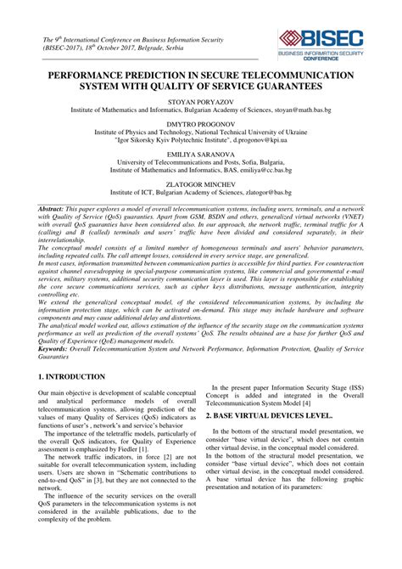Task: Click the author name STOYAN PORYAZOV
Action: (201, 101)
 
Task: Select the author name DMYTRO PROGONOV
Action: (201, 124)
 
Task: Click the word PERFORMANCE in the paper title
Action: (103, 76)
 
